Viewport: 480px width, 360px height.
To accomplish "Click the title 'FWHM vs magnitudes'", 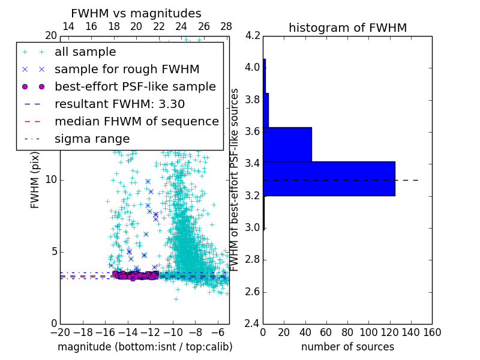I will tap(136, 13).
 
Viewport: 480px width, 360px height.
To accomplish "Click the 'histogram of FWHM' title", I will tap(347, 28).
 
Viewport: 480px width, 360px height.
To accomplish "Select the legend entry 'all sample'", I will tap(85, 52).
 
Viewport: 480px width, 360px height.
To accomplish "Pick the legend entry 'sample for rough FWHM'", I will tap(127, 69).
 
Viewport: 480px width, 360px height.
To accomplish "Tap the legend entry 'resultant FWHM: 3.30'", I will tap(119, 104).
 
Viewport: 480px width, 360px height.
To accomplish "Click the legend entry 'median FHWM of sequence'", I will tap(136, 121).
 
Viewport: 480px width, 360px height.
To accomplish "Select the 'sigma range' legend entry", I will tap(92, 139).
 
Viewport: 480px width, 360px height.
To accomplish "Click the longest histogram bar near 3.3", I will tap(329, 179).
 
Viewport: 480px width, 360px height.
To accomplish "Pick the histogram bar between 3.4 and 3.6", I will tap(287, 145).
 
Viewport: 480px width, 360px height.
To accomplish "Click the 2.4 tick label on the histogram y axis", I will tap(252, 324).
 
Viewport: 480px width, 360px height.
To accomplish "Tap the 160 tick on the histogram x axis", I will tap(432, 332).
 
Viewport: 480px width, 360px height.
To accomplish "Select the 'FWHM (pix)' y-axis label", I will tap(35, 179).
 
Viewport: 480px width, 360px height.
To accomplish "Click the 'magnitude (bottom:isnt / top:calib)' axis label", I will tap(145, 347).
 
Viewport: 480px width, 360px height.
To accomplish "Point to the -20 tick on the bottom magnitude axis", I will tap(60, 332).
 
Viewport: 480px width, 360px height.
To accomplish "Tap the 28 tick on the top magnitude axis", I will tap(226, 26).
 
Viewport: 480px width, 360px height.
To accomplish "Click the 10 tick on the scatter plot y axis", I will tap(51, 180).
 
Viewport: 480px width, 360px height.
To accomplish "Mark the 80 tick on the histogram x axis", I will tap(347, 332).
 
